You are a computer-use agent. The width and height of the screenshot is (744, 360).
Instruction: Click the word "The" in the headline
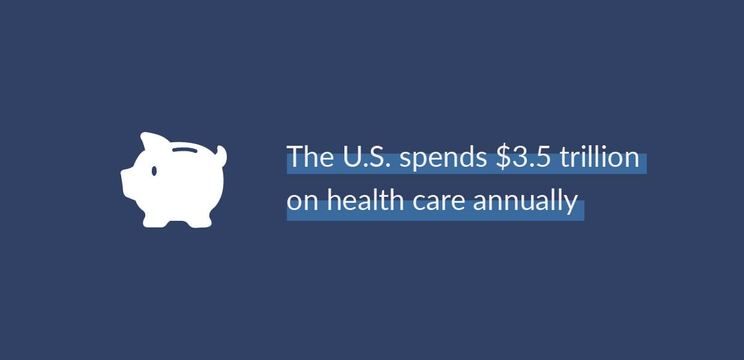(x=311, y=156)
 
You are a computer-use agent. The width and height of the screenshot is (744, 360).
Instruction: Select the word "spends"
(x=443, y=158)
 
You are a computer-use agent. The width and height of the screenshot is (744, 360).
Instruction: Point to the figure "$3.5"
(x=523, y=156)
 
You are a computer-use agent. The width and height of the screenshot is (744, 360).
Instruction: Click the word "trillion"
(x=600, y=156)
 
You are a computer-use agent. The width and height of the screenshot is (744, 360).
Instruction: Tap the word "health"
(x=365, y=199)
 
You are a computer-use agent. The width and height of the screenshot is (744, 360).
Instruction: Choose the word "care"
(x=439, y=202)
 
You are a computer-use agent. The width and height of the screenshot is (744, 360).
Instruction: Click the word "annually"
(x=526, y=202)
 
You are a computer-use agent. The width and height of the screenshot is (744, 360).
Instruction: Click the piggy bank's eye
(x=154, y=171)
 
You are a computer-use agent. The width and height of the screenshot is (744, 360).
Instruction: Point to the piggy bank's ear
(x=151, y=141)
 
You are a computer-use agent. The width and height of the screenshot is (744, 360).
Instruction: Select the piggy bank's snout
(x=128, y=182)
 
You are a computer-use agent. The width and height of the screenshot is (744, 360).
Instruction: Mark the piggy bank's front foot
(x=154, y=221)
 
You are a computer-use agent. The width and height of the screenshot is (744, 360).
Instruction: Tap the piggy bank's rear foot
(x=199, y=221)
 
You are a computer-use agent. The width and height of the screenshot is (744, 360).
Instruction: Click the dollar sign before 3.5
(x=503, y=157)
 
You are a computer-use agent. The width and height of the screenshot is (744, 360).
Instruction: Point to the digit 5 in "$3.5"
(x=544, y=157)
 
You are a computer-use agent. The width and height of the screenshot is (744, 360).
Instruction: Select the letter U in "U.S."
(x=352, y=157)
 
